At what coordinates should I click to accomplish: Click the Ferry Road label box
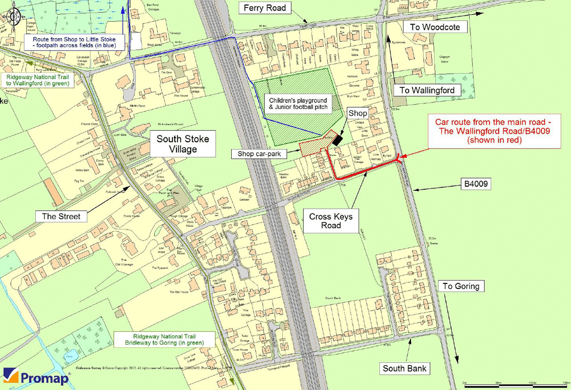pyautogui.click(x=265, y=8)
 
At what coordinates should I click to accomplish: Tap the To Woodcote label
pyautogui.click(x=434, y=27)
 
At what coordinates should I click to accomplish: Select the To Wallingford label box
pyautogui.click(x=427, y=90)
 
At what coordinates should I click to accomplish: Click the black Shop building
pyautogui.click(x=336, y=140)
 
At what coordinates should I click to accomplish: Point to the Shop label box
pyautogui.click(x=358, y=113)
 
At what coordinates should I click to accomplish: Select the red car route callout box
pyautogui.click(x=494, y=131)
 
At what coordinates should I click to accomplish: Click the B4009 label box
pyautogui.click(x=476, y=184)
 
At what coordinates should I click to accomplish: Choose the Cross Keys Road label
pyautogui.click(x=331, y=221)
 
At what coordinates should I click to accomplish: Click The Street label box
pyautogui.click(x=61, y=217)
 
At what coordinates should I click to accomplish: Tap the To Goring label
pyautogui.click(x=461, y=286)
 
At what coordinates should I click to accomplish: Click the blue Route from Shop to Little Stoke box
pyautogui.click(x=75, y=42)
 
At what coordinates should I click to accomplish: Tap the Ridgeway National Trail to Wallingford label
pyautogui.click(x=37, y=80)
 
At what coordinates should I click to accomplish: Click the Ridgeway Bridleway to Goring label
pyautogui.click(x=164, y=339)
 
